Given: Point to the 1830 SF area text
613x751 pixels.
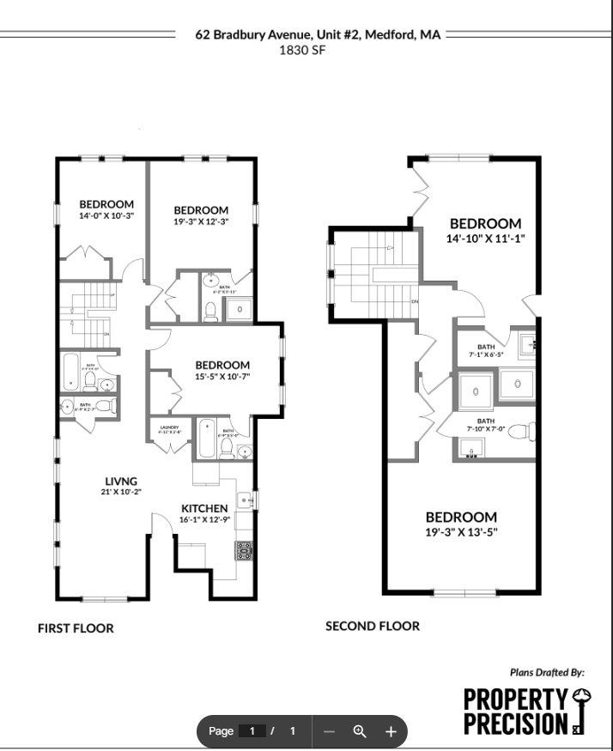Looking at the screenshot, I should point(301,50).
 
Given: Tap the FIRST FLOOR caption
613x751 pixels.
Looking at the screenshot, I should point(76,628).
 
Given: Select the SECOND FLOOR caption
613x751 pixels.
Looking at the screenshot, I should point(373,627).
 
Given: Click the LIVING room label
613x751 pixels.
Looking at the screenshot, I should point(121,481).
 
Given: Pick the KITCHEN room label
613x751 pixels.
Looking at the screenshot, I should point(204,508).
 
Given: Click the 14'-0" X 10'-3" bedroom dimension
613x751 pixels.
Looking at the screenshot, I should point(106,215).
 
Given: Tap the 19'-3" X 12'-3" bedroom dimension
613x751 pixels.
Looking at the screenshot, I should point(201,221).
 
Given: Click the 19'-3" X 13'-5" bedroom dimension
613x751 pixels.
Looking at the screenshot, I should point(461,531).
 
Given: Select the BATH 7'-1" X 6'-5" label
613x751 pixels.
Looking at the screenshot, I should point(487,349).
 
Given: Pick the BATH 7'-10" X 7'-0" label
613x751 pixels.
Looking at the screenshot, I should point(486,424).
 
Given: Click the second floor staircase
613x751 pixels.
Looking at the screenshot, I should point(374,276).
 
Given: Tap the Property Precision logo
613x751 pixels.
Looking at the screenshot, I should point(524,711).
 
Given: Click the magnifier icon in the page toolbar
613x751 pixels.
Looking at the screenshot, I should point(360,731).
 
